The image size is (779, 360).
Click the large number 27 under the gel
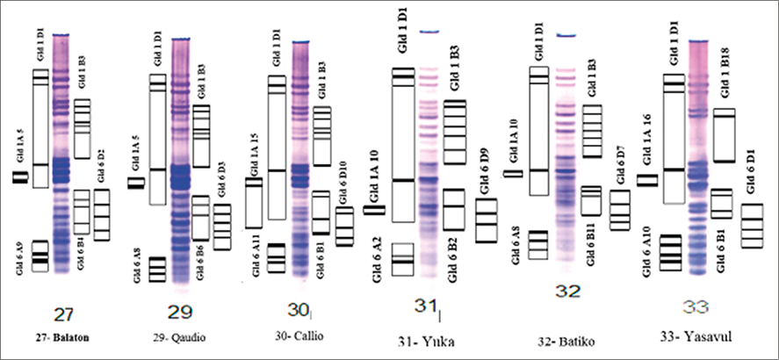63,314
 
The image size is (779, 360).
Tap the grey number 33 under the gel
696,307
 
